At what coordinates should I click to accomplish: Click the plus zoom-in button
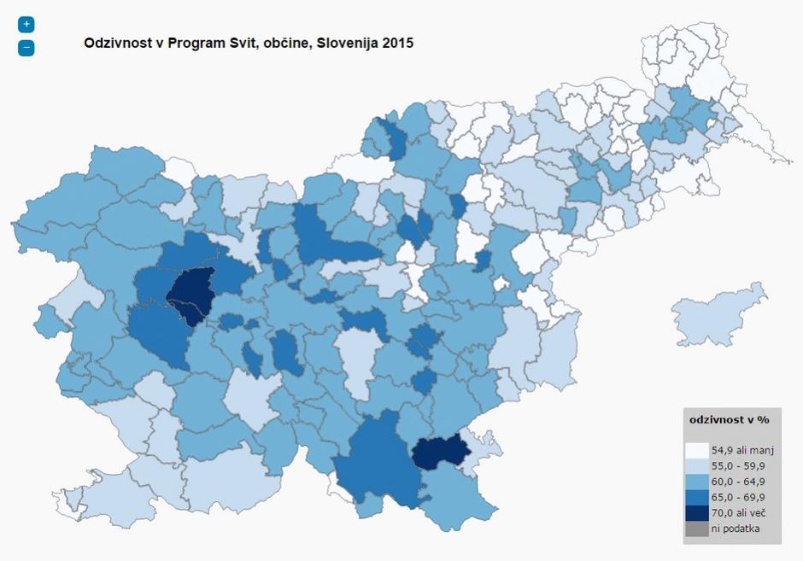tap(26, 25)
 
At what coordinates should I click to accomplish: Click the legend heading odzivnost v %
tap(730, 420)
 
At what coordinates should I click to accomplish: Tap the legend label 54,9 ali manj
tap(741, 450)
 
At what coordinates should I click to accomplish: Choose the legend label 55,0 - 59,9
tap(738, 465)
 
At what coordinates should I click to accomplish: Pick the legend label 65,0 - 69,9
tap(738, 497)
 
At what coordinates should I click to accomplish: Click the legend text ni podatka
tap(735, 529)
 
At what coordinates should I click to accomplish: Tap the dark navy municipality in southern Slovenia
tap(440, 453)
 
